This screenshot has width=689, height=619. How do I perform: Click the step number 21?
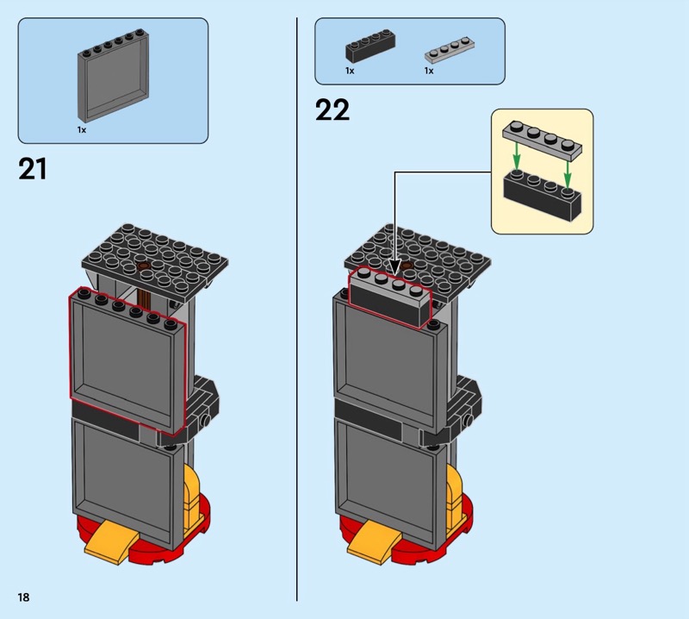pos(33,169)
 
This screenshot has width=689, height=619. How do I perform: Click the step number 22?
pos(332,110)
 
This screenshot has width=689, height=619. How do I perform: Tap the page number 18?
pos(24,597)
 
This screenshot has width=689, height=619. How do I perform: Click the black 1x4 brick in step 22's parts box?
pos(370,46)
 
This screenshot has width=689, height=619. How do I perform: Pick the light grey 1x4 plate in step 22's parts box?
pos(450,50)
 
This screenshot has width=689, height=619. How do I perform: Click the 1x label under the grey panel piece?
pos(82,130)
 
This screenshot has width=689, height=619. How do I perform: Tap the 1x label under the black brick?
pos(350,71)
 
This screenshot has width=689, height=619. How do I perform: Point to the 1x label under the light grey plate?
pos(429,71)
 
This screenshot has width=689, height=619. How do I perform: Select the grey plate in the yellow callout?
pos(543,139)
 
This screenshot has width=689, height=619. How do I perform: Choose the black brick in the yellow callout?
pos(542,195)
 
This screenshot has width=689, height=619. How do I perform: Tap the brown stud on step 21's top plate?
pos(143,266)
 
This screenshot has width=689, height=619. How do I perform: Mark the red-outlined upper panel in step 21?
pos(128,360)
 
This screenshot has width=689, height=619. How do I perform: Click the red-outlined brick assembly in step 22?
pos(390,297)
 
